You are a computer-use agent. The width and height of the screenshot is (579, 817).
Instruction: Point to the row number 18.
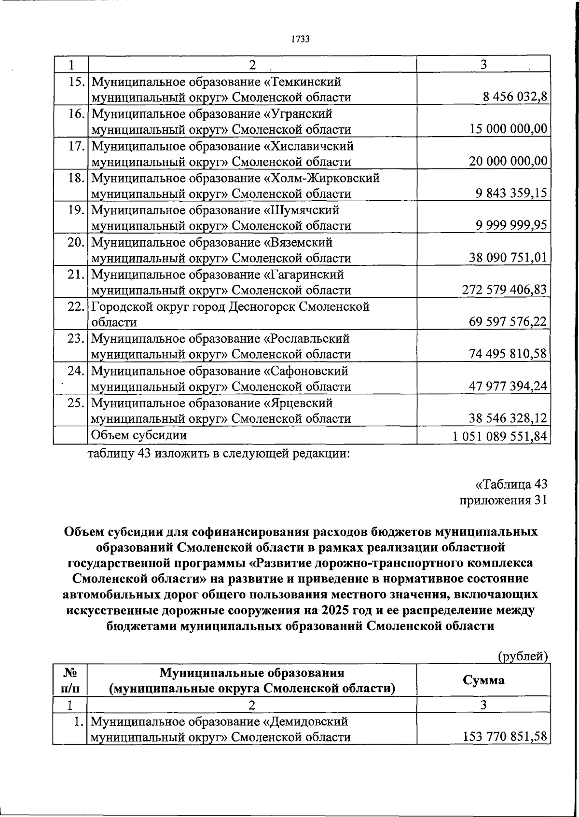pos(76,178)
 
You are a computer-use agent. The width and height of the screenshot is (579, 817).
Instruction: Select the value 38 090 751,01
pos(509,258)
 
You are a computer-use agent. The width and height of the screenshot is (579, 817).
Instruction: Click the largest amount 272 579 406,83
pos(505,290)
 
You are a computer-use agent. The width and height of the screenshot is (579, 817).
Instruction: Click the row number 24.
pos(76,371)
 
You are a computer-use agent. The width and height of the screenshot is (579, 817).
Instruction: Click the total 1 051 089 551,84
pos(500,436)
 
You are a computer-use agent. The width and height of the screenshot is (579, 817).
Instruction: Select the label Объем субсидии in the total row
pos(139,435)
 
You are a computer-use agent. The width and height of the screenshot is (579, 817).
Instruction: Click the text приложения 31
pos(503,500)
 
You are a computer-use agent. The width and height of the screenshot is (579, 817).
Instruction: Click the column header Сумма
pos(483,680)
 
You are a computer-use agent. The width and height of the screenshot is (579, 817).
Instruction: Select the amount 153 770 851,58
pos(505,737)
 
